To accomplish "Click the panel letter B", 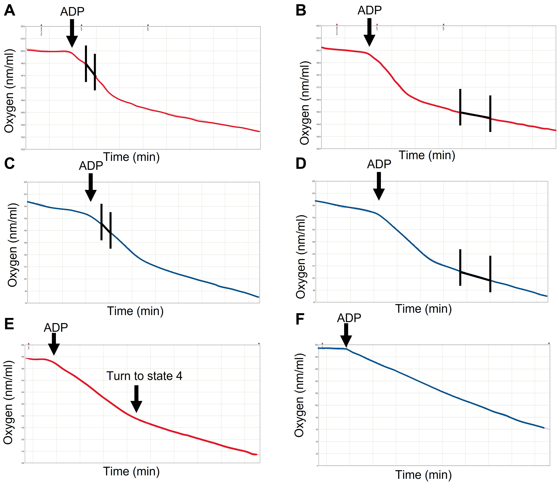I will [x=301, y=11].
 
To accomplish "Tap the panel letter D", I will [x=301, y=164].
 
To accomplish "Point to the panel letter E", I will [x=9, y=324].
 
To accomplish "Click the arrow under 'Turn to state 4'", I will [x=136, y=398].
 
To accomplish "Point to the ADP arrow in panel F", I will [x=346, y=335].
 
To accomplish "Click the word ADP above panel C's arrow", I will [x=91, y=166].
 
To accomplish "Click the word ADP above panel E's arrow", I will [x=56, y=328].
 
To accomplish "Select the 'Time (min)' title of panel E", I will [x=131, y=471].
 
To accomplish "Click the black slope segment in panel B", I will [x=475, y=115].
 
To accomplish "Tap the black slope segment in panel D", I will [x=475, y=276].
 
